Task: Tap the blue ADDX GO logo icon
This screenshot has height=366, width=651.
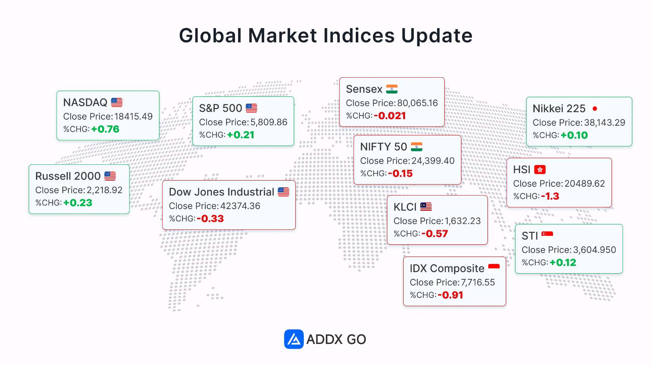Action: (x=294, y=339)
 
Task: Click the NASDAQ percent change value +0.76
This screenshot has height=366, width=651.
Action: (x=105, y=129)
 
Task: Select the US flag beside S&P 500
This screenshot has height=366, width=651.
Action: (x=251, y=108)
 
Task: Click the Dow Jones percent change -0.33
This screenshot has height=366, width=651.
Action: (x=210, y=219)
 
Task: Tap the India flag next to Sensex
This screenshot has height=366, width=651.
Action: (x=392, y=89)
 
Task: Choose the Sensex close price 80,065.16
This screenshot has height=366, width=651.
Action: (x=417, y=103)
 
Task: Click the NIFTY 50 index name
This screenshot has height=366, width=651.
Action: (x=383, y=147)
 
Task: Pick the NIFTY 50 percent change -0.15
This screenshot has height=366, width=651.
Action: (x=400, y=174)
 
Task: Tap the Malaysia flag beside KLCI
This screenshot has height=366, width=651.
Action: (x=426, y=207)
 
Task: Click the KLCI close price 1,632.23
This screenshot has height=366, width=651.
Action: (x=463, y=221)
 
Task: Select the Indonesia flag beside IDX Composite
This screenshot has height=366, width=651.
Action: (x=494, y=268)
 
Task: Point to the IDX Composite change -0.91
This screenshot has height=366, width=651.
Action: (x=450, y=295)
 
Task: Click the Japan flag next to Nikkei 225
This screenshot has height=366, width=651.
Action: (x=595, y=108)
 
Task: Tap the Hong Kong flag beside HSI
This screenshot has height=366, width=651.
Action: (x=540, y=169)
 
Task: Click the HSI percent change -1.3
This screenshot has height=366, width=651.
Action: (x=550, y=196)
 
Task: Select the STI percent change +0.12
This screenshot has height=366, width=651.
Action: (x=563, y=263)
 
